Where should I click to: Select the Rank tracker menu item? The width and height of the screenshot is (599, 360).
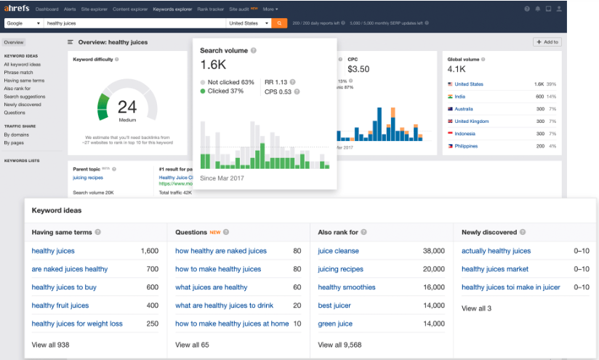click(211, 9)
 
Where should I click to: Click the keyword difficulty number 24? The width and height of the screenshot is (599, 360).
click(127, 107)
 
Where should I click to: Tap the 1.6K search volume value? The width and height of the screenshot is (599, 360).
click(213, 64)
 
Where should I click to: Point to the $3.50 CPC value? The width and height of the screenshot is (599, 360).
click(359, 69)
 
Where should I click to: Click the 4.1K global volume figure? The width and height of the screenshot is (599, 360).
click(457, 69)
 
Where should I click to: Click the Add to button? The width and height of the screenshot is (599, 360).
click(547, 42)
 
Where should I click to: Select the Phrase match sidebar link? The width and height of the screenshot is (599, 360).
click(18, 72)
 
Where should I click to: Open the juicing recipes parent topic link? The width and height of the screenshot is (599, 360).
click(89, 177)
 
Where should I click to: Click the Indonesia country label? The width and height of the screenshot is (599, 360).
click(465, 134)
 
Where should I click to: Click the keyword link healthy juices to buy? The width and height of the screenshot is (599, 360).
click(64, 287)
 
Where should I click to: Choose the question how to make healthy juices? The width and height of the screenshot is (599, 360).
click(218, 269)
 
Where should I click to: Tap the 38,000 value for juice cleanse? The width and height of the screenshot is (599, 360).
click(433, 251)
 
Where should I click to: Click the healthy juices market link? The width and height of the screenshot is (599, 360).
click(495, 269)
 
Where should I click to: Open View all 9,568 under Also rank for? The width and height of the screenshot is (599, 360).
click(339, 345)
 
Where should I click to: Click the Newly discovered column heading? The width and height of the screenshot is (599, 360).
click(489, 233)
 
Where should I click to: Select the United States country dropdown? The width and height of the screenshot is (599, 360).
click(247, 23)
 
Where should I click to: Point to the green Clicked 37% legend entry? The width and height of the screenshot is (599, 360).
click(228, 92)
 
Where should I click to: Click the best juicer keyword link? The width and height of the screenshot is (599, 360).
click(335, 305)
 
